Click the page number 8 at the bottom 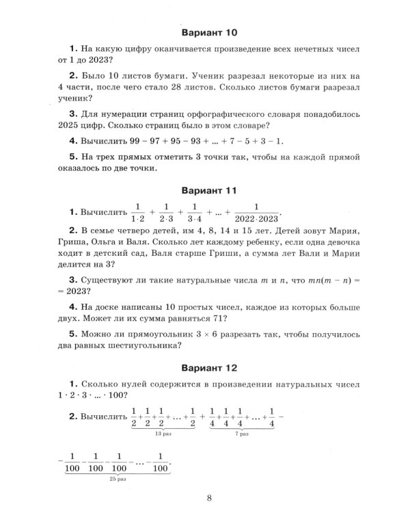tap(209, 497)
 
